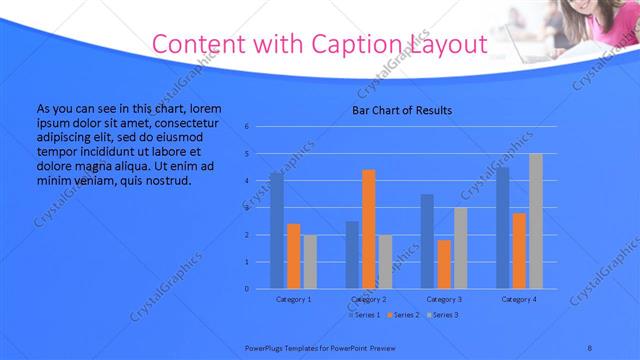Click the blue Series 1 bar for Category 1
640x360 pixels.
pyautogui.click(x=276, y=230)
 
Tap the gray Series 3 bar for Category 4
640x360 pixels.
pyautogui.click(x=536, y=221)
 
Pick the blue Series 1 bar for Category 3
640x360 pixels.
pyautogui.click(x=427, y=241)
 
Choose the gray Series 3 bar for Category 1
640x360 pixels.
pyautogui.click(x=310, y=261)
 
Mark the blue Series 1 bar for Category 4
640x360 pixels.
pyautogui.click(x=503, y=227)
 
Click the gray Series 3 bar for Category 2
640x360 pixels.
pyautogui.click(x=385, y=261)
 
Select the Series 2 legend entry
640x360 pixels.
pyautogui.click(x=402, y=315)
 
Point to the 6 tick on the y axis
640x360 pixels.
pyautogui.click(x=246, y=127)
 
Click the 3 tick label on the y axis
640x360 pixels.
pyautogui.click(x=246, y=208)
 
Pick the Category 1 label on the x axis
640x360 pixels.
pyautogui.click(x=293, y=299)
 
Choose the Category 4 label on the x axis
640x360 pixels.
pyautogui.click(x=519, y=299)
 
